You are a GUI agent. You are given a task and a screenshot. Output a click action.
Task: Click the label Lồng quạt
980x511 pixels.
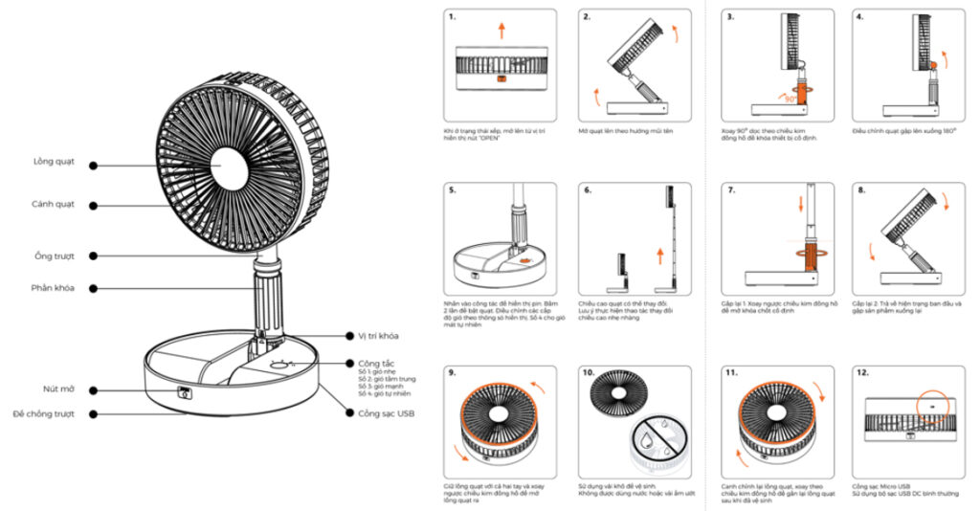(54, 164)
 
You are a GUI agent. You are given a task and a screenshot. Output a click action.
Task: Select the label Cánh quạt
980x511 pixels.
(54, 204)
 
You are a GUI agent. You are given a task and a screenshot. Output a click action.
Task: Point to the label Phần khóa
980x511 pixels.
(54, 287)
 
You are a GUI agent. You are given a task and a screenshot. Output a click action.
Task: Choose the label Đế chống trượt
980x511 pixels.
(44, 413)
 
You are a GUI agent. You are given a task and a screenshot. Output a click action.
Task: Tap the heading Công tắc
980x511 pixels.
(374, 364)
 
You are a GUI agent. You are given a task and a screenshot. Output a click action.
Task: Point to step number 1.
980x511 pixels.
(452, 17)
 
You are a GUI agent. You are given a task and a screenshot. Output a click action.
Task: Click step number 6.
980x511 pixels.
(588, 190)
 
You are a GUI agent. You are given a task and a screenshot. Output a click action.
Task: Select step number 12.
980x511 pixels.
(863, 372)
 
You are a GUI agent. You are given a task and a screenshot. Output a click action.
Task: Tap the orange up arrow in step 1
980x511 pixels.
(501, 30)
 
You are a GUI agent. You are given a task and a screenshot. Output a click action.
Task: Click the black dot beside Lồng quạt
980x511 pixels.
(93, 164)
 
